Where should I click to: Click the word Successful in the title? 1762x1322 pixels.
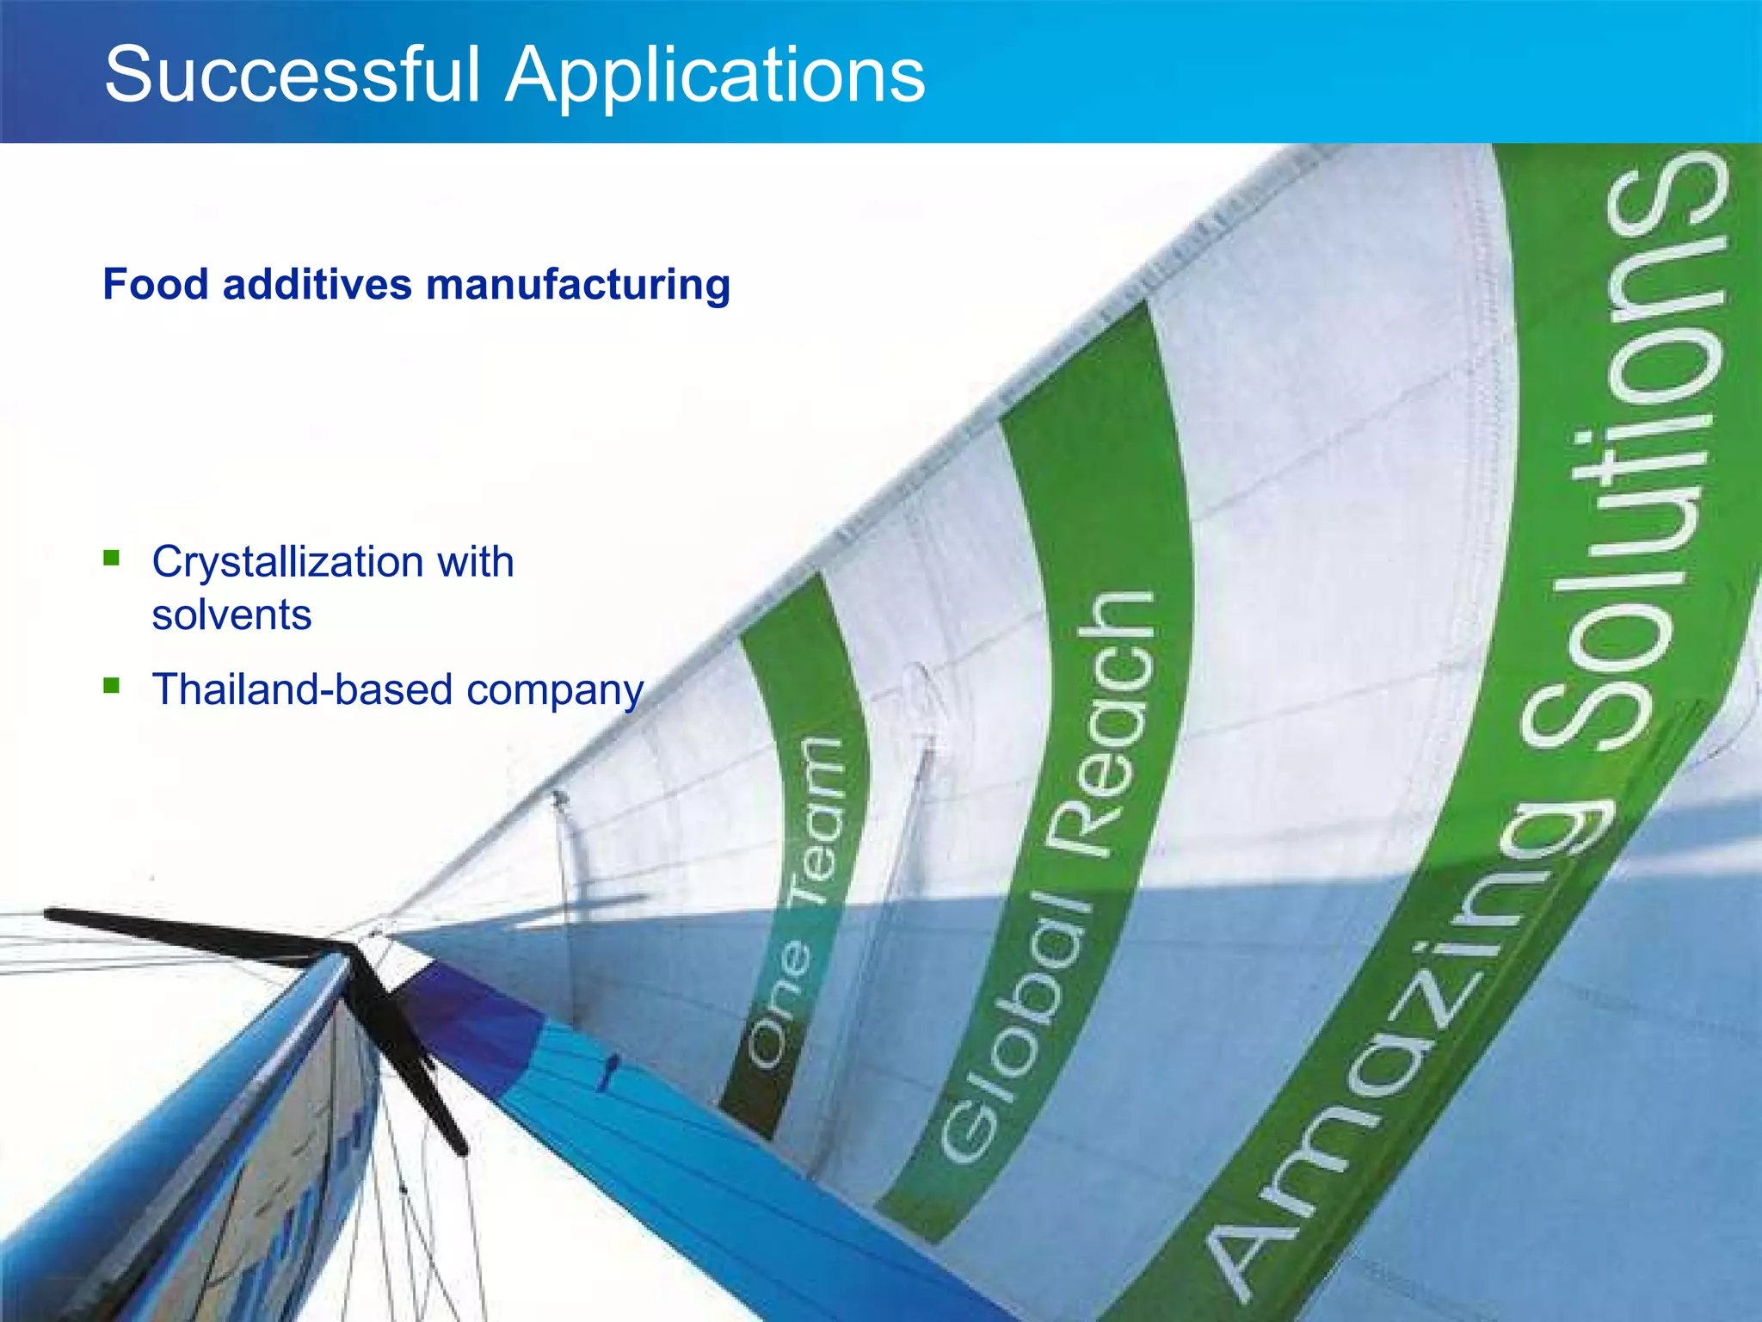291,75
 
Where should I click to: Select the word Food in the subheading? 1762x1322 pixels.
155,284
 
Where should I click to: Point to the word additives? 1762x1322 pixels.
317,284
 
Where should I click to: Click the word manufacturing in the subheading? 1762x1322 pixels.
577,286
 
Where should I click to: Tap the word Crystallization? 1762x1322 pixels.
287,563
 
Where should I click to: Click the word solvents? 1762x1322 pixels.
231,615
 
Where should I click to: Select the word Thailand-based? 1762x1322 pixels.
302,689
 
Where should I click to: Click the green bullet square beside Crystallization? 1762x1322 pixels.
111,559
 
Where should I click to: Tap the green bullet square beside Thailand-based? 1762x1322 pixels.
111,686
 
